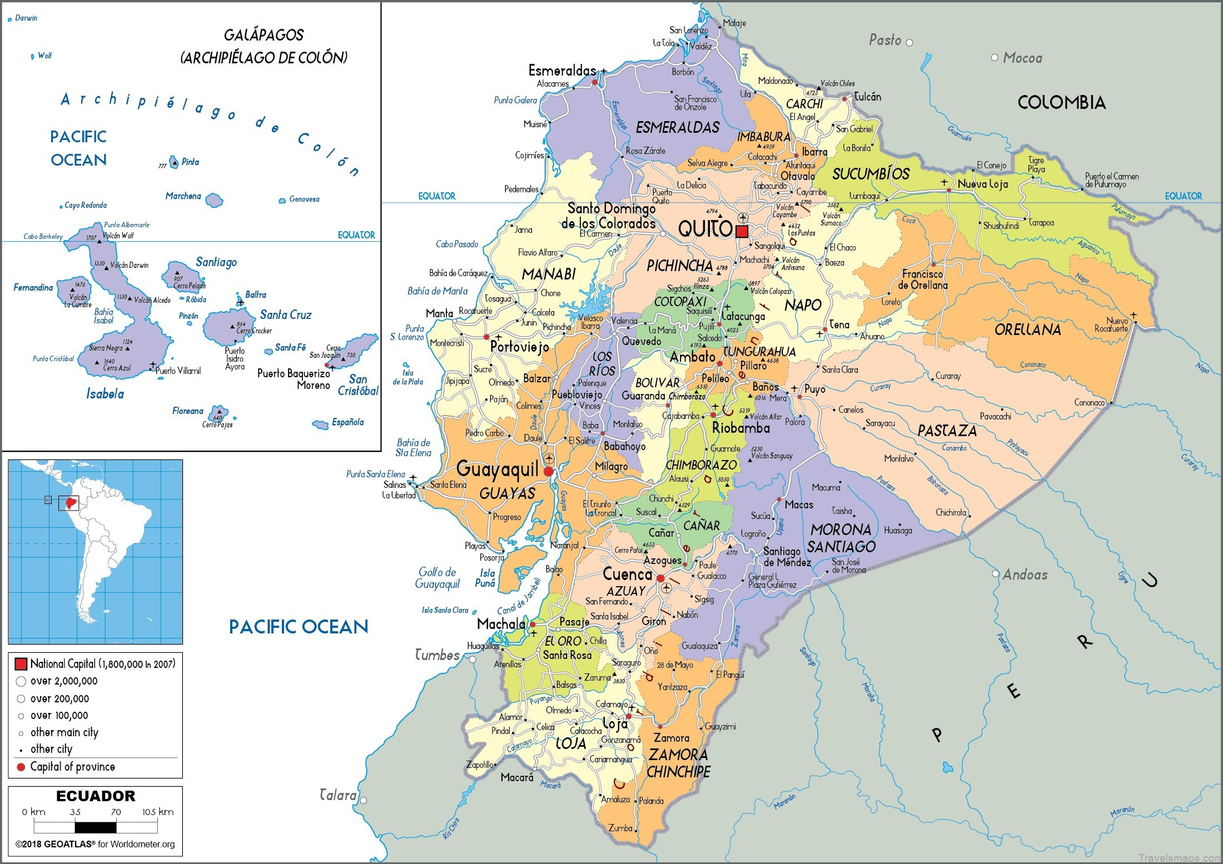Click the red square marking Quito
pos(742,231)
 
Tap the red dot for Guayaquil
pos(549,472)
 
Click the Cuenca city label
pos(627,574)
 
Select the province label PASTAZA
pos(947,431)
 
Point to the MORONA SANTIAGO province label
pos(841,538)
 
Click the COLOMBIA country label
pos(1061,102)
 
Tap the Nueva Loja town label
pos(982,184)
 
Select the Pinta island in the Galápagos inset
pos(174,162)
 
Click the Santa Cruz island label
pos(286,314)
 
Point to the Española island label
pos(347,422)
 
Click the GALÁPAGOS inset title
pos(264,36)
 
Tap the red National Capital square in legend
pos(21,664)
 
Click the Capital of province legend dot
pos(21,767)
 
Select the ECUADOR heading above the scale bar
pos(96,796)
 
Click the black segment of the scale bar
pos(96,827)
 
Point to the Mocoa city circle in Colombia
pos(995,58)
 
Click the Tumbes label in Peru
pos(438,655)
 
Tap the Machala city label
pos(501,624)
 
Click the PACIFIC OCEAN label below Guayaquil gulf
pos(299,627)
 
